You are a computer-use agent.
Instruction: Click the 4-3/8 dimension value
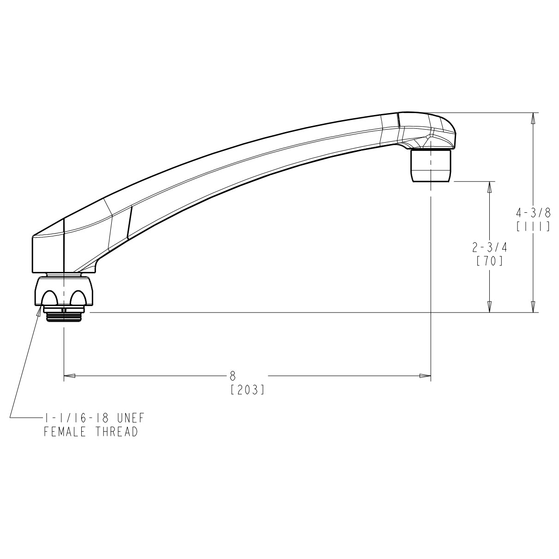click(533, 213)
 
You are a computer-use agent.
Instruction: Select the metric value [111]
click(533, 227)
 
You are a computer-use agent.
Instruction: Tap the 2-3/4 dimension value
click(489, 248)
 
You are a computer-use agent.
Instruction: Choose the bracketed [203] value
click(247, 391)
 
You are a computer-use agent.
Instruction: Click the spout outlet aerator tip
click(431, 166)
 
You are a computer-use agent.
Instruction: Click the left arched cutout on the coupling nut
click(50, 298)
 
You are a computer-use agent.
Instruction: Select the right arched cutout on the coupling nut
click(78, 298)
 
